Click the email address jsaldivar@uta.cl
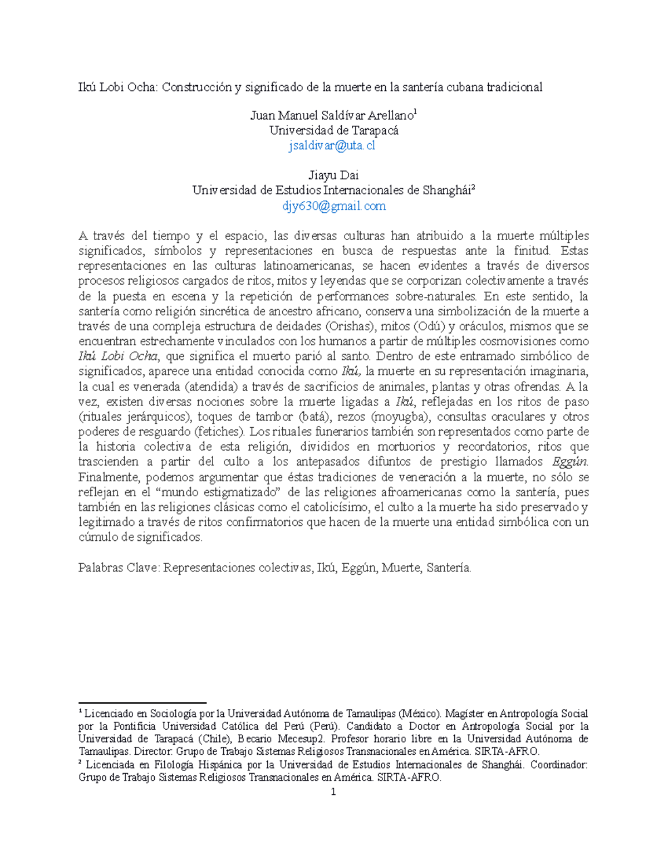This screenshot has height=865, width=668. point(332,146)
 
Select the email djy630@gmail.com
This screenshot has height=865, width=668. point(333,206)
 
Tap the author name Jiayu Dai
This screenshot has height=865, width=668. point(333,175)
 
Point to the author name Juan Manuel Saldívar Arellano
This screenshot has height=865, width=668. point(332,116)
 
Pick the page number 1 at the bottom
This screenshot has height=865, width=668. point(333,792)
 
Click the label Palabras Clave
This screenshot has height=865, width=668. point(119,568)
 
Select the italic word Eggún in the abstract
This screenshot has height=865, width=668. point(569,462)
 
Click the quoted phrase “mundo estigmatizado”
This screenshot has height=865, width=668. point(219,492)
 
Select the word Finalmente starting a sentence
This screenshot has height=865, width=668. point(108,477)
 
